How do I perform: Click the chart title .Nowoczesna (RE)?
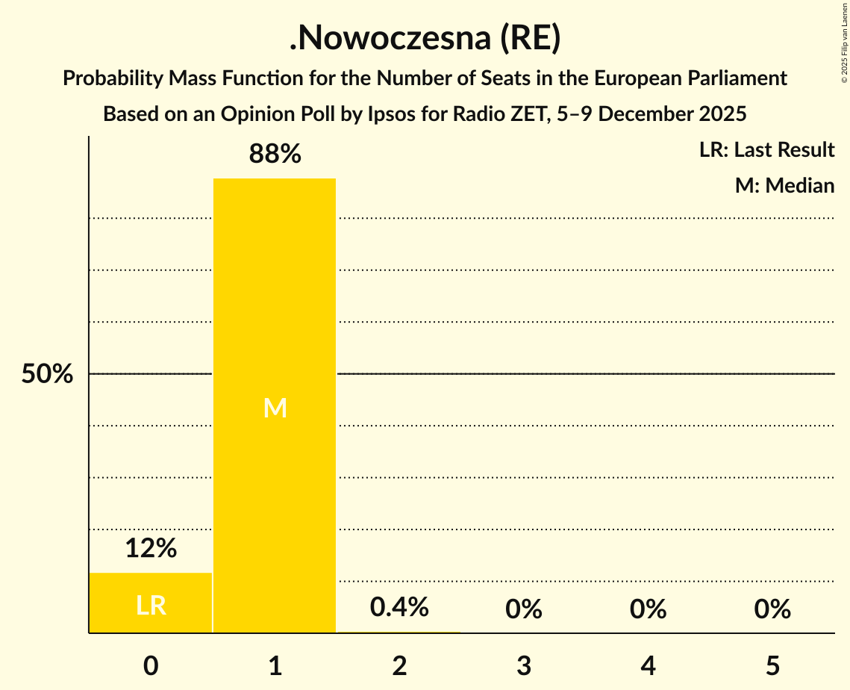click(x=425, y=40)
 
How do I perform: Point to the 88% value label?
click(x=275, y=155)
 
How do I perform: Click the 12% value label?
click(x=151, y=549)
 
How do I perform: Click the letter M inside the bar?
click(x=275, y=408)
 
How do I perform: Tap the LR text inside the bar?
click(x=151, y=606)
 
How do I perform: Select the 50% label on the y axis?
click(x=47, y=374)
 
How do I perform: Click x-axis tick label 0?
click(x=151, y=666)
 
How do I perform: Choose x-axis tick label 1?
click(x=275, y=666)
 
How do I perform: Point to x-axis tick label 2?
click(x=399, y=666)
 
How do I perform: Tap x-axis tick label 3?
click(x=523, y=666)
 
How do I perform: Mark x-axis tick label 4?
click(x=648, y=666)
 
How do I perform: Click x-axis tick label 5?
click(x=772, y=666)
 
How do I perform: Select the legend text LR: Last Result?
click(x=766, y=150)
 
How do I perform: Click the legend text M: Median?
click(x=784, y=185)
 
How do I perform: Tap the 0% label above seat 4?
click(x=648, y=609)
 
